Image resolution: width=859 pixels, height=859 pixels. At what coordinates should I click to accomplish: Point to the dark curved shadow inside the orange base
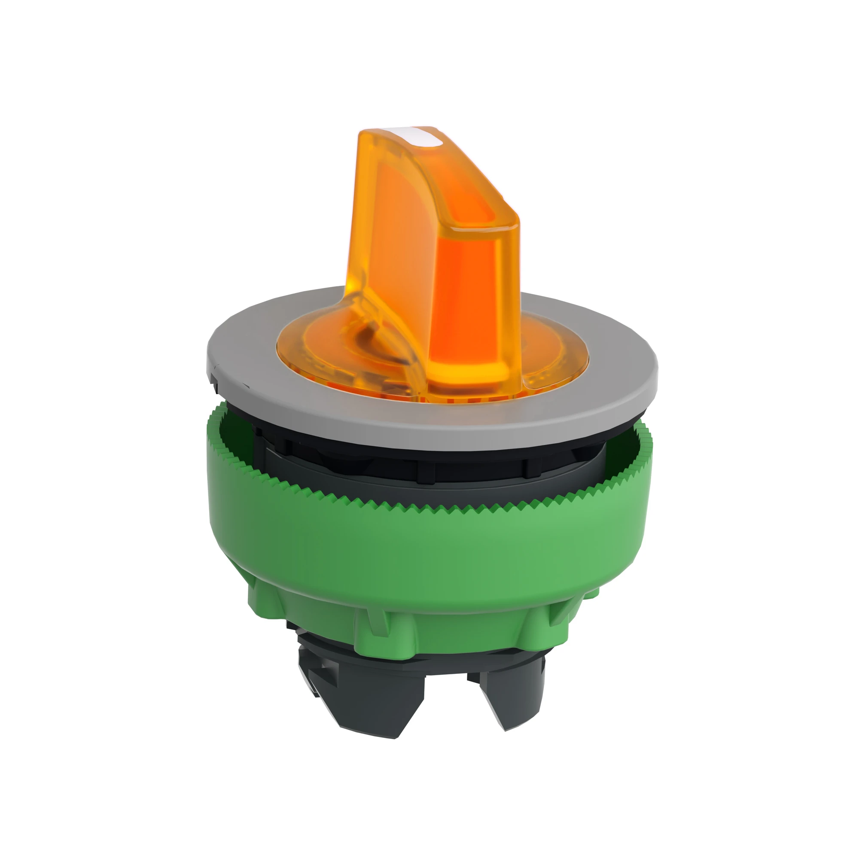(378, 338)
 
